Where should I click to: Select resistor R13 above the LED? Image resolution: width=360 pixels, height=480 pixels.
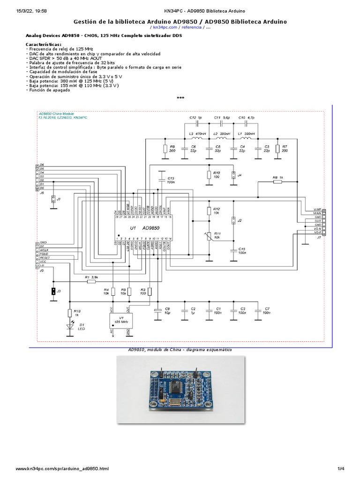click(70, 313)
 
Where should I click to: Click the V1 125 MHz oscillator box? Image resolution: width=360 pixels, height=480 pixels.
click(120, 321)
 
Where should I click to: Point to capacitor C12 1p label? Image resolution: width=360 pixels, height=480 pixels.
click(196, 117)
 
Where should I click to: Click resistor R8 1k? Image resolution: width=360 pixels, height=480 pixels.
click(277, 181)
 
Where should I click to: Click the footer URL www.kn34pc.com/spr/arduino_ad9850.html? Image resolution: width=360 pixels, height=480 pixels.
click(62, 469)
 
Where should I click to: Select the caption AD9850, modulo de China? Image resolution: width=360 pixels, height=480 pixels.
click(180, 350)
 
